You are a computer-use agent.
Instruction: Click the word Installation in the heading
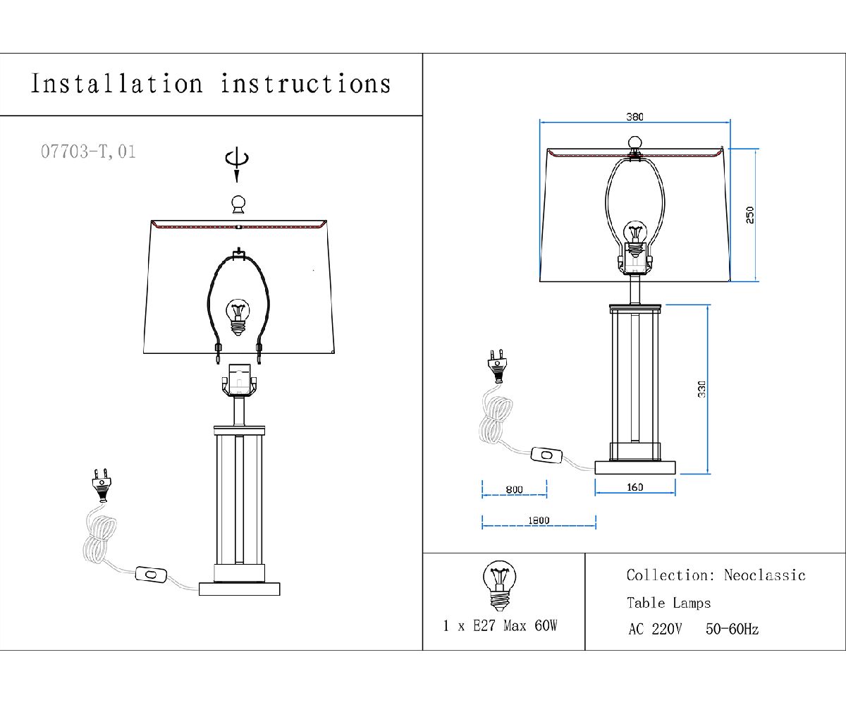116,84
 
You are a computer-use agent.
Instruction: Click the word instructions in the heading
305,84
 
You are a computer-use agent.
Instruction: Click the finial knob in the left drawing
239,204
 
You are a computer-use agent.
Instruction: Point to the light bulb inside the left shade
238,315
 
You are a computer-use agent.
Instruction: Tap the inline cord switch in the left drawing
151,575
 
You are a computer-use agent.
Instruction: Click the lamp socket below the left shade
239,381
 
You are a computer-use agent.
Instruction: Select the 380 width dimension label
634,116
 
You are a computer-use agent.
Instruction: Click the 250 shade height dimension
749,214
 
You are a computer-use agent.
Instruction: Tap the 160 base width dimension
634,487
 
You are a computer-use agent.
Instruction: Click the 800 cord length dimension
514,489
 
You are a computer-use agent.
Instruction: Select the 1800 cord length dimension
538,520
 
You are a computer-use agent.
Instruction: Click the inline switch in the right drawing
546,457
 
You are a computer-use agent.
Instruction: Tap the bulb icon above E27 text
499,586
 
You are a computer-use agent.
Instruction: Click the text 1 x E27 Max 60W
501,625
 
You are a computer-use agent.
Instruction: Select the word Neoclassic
764,575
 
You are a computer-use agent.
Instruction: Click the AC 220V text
655,630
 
